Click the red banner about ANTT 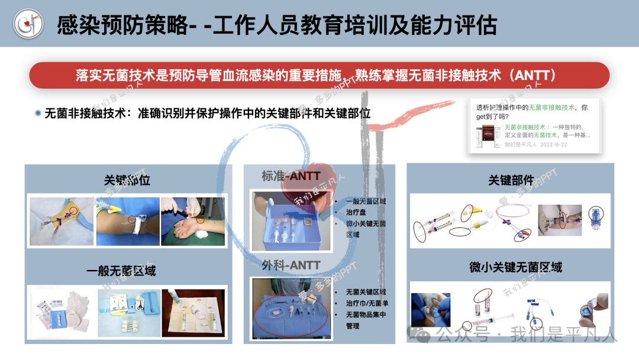click(x=319, y=75)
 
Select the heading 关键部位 click(x=127, y=180)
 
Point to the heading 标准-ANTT click(x=291, y=176)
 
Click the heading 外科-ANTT click(x=291, y=265)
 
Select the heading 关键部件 click(x=511, y=180)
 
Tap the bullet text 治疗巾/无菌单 click(x=367, y=303)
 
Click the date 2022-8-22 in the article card click(x=553, y=144)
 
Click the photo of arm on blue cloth click(x=127, y=221)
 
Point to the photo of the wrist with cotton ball click(x=193, y=221)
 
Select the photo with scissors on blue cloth click(x=127, y=313)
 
